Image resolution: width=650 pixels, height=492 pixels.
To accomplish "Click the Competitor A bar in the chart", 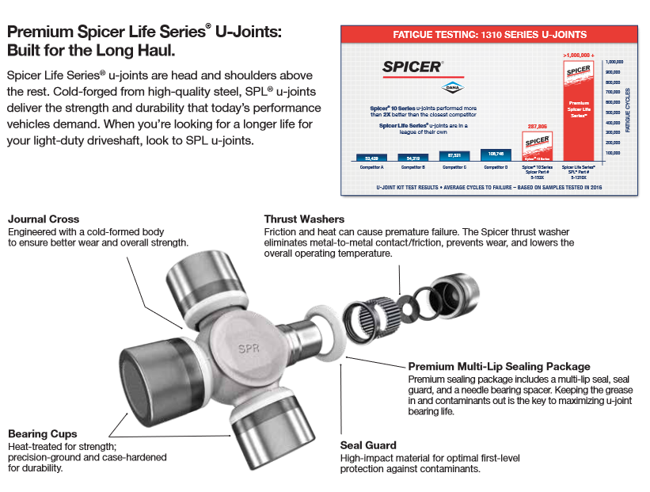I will (371, 158).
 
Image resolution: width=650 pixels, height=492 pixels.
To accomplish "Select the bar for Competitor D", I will (496, 155).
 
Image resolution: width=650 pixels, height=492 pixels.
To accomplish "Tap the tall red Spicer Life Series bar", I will (579, 111).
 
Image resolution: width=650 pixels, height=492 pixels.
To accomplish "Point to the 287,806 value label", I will (538, 125).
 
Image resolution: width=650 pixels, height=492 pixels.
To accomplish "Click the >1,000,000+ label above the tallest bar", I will (579, 55).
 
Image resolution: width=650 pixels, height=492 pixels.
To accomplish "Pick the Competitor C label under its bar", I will (454, 167).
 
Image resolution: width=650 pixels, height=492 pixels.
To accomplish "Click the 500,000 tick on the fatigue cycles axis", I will (614, 112).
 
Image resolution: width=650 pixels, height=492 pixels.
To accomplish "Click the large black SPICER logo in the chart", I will (412, 67).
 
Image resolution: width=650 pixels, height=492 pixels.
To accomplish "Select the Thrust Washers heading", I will (304, 219).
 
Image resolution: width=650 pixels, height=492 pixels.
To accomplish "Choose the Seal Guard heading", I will (368, 445).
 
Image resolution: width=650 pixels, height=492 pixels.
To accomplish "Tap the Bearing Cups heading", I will (43, 433).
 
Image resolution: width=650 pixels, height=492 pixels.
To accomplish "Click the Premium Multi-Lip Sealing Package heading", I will (499, 366).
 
